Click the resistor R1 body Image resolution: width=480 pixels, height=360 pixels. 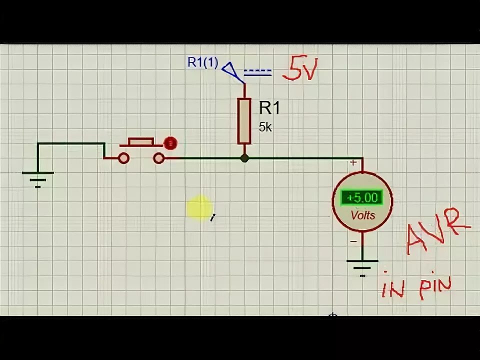click(x=244, y=120)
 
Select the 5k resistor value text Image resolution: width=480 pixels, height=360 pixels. click(x=265, y=127)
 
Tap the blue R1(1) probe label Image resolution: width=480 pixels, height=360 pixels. click(x=202, y=62)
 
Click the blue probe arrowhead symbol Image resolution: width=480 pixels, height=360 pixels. click(x=229, y=69)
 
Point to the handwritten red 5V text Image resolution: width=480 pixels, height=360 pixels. click(x=299, y=71)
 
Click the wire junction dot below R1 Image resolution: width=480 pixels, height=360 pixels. click(x=244, y=158)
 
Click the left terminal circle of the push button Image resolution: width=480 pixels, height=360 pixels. click(x=123, y=158)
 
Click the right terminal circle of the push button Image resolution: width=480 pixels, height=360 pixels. click(x=158, y=158)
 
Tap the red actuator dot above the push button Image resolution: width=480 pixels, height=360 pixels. click(x=171, y=143)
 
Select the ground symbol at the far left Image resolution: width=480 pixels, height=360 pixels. click(x=38, y=177)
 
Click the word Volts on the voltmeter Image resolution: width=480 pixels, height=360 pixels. click(x=362, y=216)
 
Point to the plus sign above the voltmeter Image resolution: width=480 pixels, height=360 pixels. click(x=353, y=162)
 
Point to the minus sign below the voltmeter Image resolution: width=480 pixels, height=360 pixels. click(x=353, y=241)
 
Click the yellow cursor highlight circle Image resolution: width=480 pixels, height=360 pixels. click(x=199, y=207)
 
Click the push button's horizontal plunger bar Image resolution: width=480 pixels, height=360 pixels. click(x=140, y=142)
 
